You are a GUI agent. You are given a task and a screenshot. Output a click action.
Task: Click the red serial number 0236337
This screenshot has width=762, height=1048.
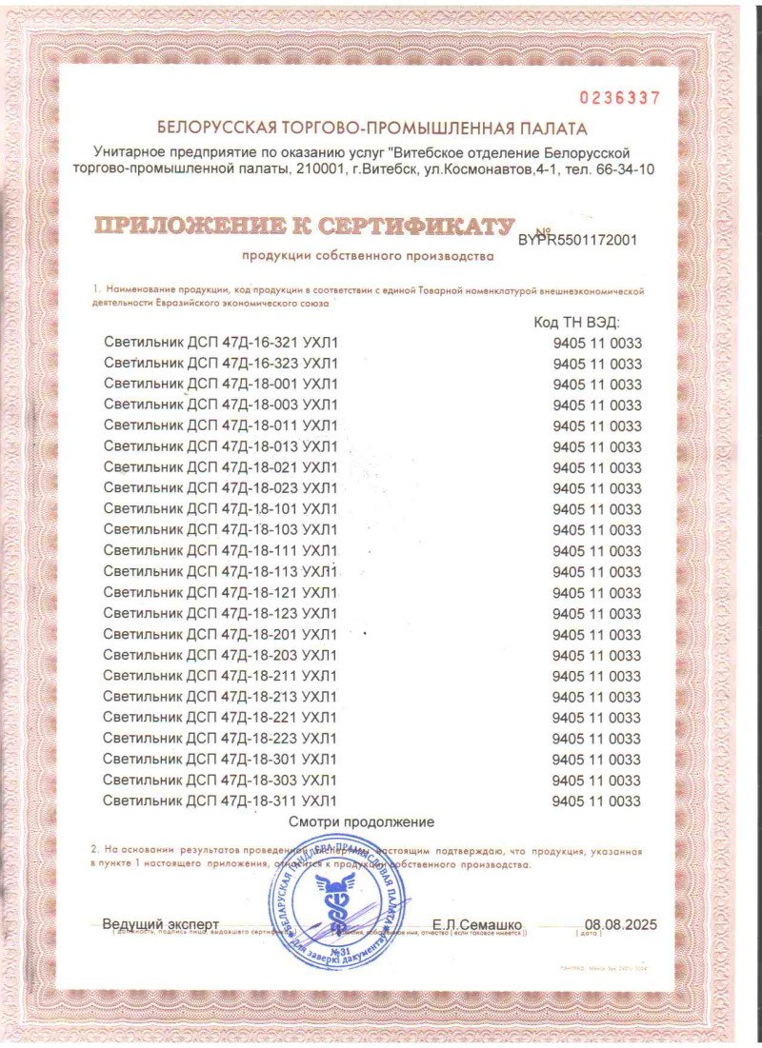click(x=619, y=98)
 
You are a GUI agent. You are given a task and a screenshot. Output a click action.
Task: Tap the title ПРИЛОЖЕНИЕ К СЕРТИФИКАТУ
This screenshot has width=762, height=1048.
click(x=303, y=226)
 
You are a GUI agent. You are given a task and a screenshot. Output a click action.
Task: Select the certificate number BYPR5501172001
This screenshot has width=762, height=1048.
click(x=577, y=241)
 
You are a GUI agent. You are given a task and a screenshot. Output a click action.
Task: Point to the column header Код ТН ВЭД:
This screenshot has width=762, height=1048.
click(x=577, y=323)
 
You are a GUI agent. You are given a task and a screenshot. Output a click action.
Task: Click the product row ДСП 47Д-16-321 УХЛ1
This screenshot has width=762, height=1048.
click(x=220, y=344)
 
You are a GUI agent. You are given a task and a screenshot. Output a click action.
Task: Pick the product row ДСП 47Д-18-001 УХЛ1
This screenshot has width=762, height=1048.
click(x=220, y=385)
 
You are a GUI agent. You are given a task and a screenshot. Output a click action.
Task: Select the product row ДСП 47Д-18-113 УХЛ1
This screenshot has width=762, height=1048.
click(x=220, y=572)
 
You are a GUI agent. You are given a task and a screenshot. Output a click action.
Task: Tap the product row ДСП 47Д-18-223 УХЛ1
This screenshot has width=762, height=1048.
click(x=220, y=739)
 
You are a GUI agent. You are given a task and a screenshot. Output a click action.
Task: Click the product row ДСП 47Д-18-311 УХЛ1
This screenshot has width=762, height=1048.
click(x=220, y=801)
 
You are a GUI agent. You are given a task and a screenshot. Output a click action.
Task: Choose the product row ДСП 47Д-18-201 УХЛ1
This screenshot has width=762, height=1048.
click(x=220, y=635)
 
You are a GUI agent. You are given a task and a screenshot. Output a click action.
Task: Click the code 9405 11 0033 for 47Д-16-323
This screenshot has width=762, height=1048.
click(x=597, y=365)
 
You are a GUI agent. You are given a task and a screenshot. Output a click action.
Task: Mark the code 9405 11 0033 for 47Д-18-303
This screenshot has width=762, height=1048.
click(x=597, y=781)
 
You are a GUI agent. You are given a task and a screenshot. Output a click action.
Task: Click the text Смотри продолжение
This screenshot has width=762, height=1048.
click(x=361, y=821)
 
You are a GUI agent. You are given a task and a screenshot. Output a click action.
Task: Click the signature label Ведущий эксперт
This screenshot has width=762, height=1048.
click(x=160, y=924)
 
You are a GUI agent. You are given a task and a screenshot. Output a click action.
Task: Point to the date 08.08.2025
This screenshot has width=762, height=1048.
click(x=621, y=924)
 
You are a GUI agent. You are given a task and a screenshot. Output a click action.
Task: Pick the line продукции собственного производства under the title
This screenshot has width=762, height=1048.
click(x=368, y=256)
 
